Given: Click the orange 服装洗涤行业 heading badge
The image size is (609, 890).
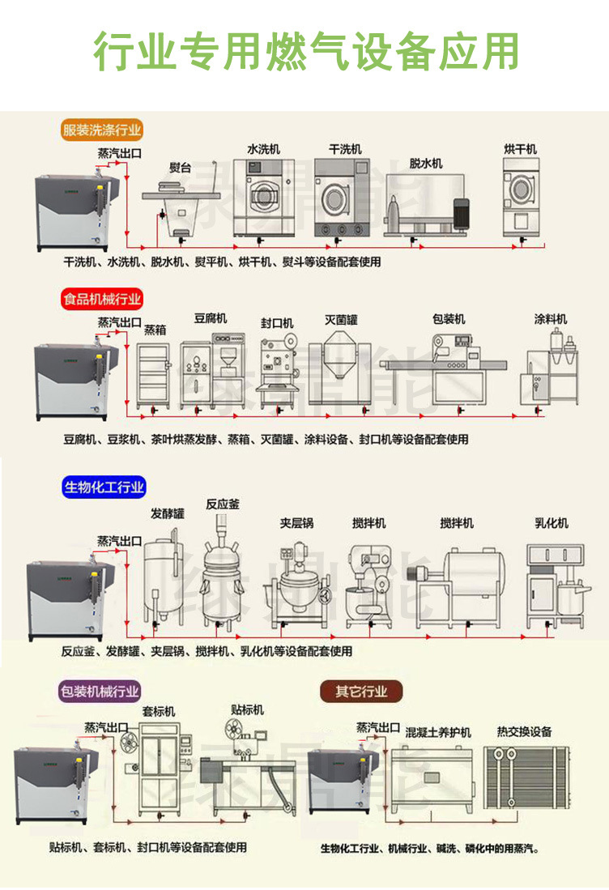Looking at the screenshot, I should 102,130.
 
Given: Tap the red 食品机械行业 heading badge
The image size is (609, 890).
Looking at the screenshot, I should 102,299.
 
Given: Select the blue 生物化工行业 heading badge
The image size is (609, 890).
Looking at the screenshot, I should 104,487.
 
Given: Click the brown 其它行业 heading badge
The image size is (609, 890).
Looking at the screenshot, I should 362,692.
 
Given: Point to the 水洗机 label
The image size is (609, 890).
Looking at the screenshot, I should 263,149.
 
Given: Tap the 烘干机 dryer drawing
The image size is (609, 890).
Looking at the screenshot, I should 521,198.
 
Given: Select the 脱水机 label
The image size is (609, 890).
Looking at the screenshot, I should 426,164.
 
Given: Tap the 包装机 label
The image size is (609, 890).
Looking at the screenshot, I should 449,319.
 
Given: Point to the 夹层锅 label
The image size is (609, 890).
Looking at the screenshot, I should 296,522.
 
